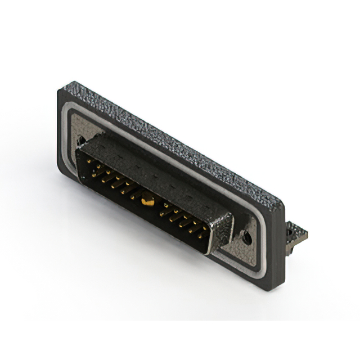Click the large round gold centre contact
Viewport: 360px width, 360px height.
tap(148, 197)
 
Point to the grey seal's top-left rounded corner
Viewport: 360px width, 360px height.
tap(71, 112)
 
